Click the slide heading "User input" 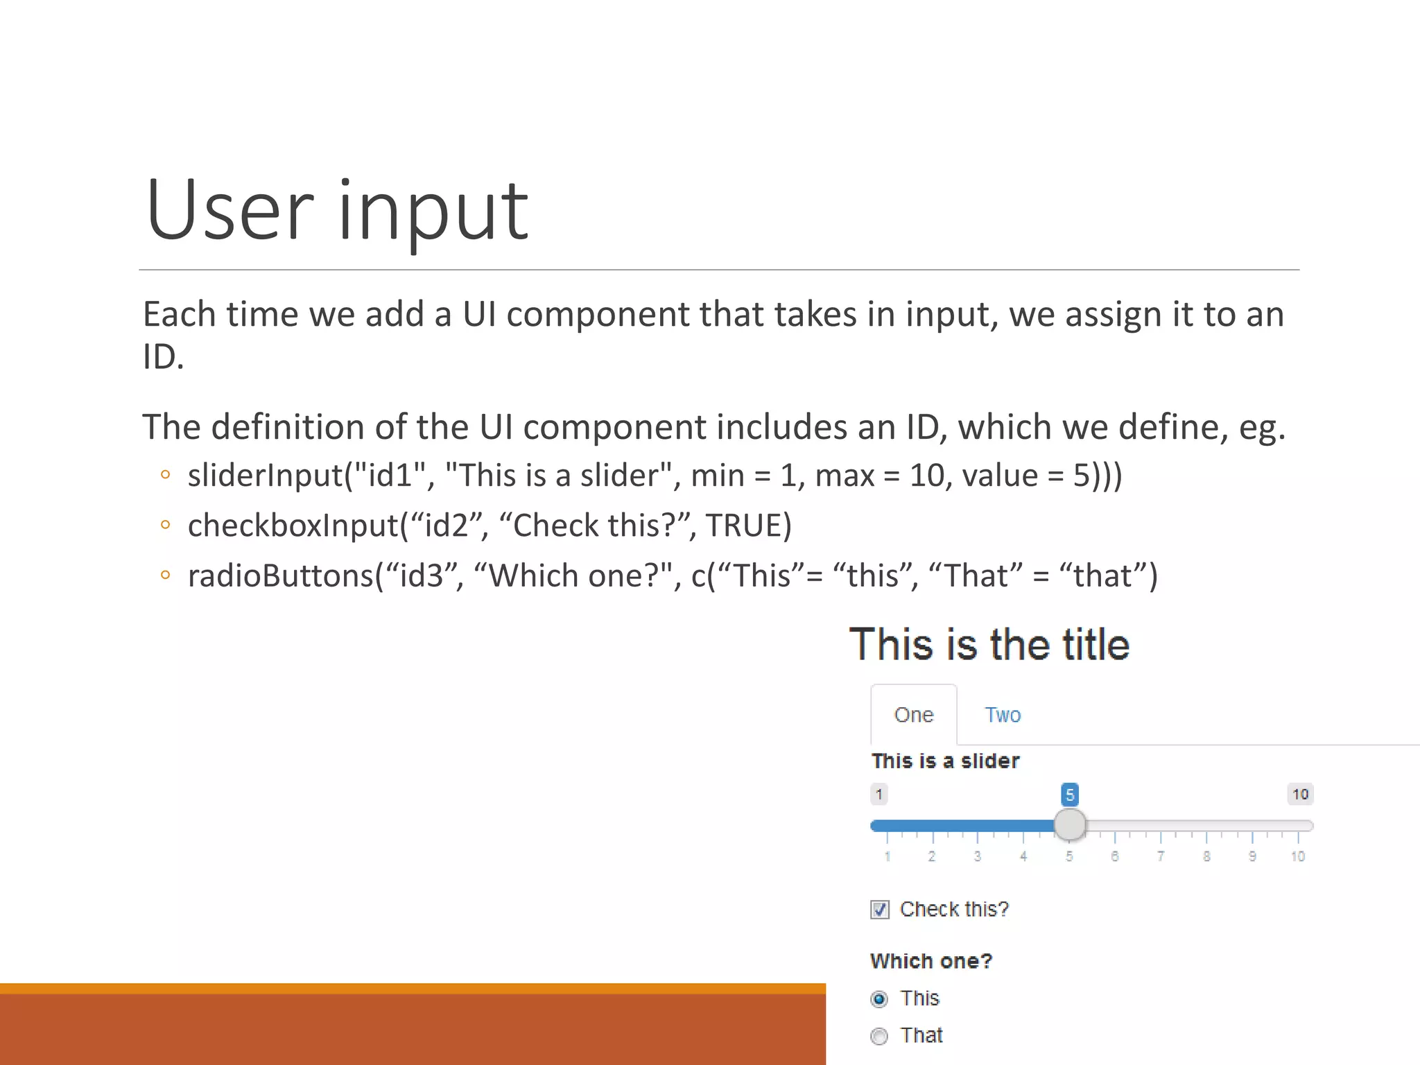coord(337,211)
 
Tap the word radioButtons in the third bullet coord(281,576)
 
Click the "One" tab coord(914,715)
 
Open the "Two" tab coord(1003,715)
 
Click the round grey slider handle coord(1070,825)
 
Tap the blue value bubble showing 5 coord(1070,795)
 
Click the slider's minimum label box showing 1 coord(879,794)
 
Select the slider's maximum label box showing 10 coord(1300,794)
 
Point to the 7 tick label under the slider coord(1161,857)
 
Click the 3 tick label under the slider coord(978,857)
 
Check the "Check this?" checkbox coord(880,910)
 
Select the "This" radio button coord(879,999)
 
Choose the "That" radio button coord(879,1036)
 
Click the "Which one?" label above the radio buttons coord(931,961)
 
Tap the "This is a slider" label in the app coord(946,761)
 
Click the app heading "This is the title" coord(989,645)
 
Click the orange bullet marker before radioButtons coord(165,575)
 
